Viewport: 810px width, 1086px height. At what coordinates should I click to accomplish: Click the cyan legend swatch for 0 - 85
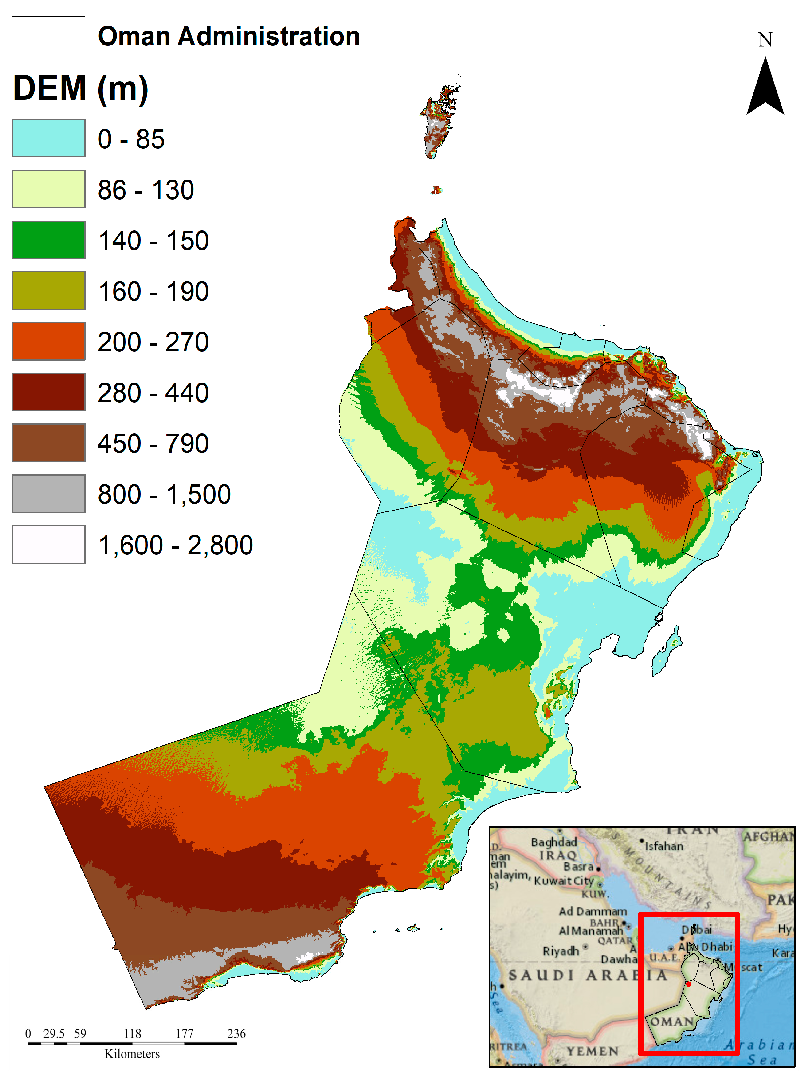point(48,138)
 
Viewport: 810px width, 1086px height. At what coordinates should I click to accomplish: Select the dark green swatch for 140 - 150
point(48,239)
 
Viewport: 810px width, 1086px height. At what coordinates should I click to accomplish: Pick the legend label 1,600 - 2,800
point(175,545)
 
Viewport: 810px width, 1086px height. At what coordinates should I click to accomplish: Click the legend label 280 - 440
point(153,392)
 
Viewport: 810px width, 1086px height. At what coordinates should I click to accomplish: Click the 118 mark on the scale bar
point(132,1033)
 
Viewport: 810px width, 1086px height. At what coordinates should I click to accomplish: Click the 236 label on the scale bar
point(236,1033)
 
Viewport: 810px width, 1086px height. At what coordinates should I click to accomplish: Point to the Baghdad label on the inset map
point(554,842)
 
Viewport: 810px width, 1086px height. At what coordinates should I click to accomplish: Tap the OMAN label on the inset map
point(672,1021)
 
